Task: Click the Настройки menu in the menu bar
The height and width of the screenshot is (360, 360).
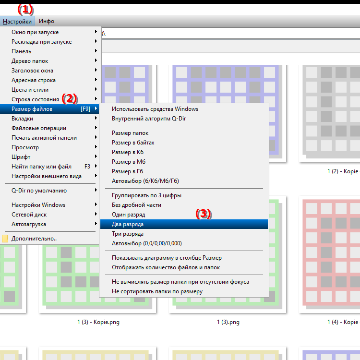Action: click(17, 21)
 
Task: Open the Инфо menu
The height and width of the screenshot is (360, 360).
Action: click(47, 21)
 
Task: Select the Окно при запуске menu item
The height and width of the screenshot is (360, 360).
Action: click(35, 32)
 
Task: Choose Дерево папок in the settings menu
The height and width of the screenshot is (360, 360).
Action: click(30, 61)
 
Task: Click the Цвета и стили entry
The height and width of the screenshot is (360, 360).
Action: click(30, 90)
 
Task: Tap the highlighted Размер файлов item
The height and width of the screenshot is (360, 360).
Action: click(32, 109)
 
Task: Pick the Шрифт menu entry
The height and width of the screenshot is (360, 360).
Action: click(21, 157)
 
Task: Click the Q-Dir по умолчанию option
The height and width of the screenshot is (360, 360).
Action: click(39, 191)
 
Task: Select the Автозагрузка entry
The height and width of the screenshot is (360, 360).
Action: click(29, 224)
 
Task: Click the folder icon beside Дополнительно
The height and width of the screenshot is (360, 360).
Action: click(5, 239)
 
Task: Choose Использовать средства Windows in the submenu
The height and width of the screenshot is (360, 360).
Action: click(155, 109)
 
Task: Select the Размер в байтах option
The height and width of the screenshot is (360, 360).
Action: click(133, 143)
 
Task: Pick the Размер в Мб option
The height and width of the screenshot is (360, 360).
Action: click(129, 162)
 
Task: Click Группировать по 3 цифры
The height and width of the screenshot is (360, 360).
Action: click(146, 195)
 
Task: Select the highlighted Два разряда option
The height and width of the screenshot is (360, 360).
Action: click(128, 224)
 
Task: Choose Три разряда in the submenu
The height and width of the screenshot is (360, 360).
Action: click(128, 234)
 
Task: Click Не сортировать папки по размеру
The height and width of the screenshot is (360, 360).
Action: click(157, 291)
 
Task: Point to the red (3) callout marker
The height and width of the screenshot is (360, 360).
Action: click(204, 214)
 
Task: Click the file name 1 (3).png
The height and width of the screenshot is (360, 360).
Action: click(228, 322)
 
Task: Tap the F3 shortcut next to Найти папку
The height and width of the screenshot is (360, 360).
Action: click(87, 167)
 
